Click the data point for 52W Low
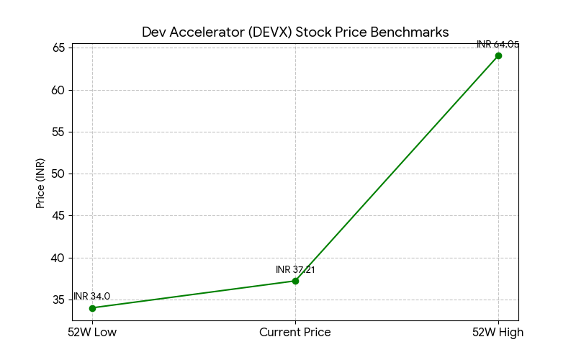92,308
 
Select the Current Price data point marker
295,281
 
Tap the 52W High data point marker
498,55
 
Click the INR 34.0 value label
92,297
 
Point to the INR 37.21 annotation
295,270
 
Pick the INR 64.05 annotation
498,45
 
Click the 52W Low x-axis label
92,333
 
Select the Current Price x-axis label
295,333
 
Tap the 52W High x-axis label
498,333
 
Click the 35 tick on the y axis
58,300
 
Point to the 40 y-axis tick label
58,258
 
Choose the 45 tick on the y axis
58,216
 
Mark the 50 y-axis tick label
58,174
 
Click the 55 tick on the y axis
58,132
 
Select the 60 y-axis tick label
58,91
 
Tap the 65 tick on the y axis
58,48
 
